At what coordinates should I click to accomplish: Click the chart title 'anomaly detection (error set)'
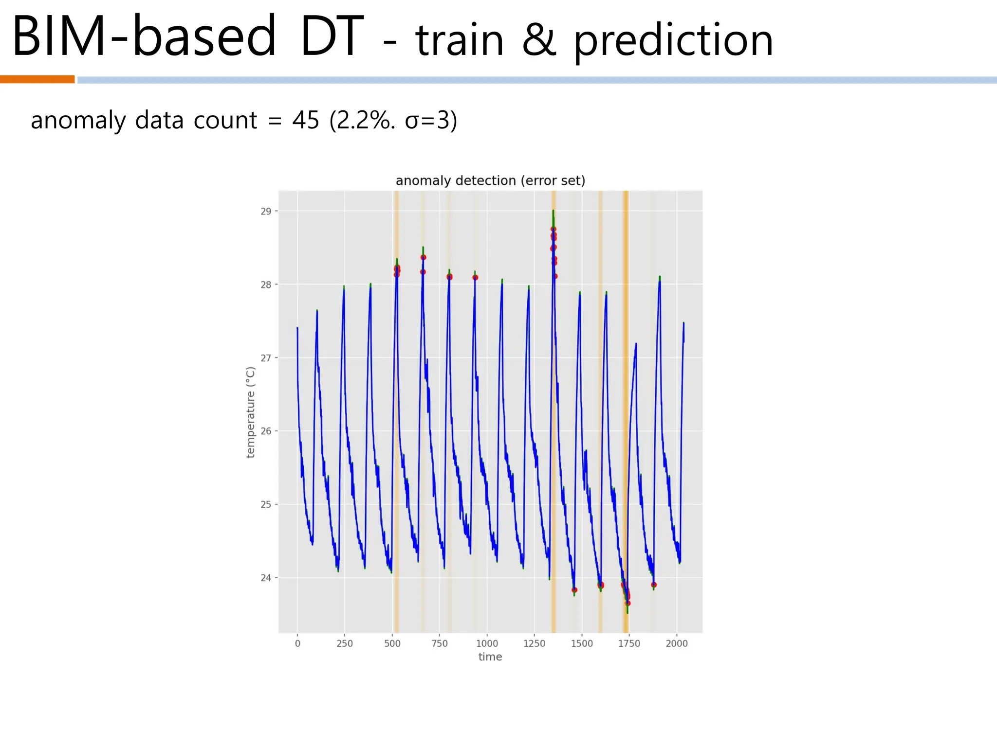pos(490,181)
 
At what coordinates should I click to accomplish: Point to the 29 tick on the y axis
pos(266,212)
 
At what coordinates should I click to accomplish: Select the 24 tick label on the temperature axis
pos(266,578)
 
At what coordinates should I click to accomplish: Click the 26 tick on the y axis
pos(266,431)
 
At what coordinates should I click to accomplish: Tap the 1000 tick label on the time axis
pos(487,643)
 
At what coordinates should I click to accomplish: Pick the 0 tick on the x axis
pos(297,643)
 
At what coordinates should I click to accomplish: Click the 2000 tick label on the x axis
pos(677,643)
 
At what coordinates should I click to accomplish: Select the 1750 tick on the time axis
pos(629,643)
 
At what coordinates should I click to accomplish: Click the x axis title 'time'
pos(490,657)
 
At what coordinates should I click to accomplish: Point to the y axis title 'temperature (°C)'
pos(251,412)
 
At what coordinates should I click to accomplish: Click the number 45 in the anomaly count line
pos(306,120)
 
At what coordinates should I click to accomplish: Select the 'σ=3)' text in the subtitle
pos(431,120)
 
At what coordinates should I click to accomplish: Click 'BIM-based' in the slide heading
pos(144,36)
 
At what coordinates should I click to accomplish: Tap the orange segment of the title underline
pos(37,79)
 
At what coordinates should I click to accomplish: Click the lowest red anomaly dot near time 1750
pos(628,603)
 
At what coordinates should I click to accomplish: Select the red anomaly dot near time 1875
pos(654,585)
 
